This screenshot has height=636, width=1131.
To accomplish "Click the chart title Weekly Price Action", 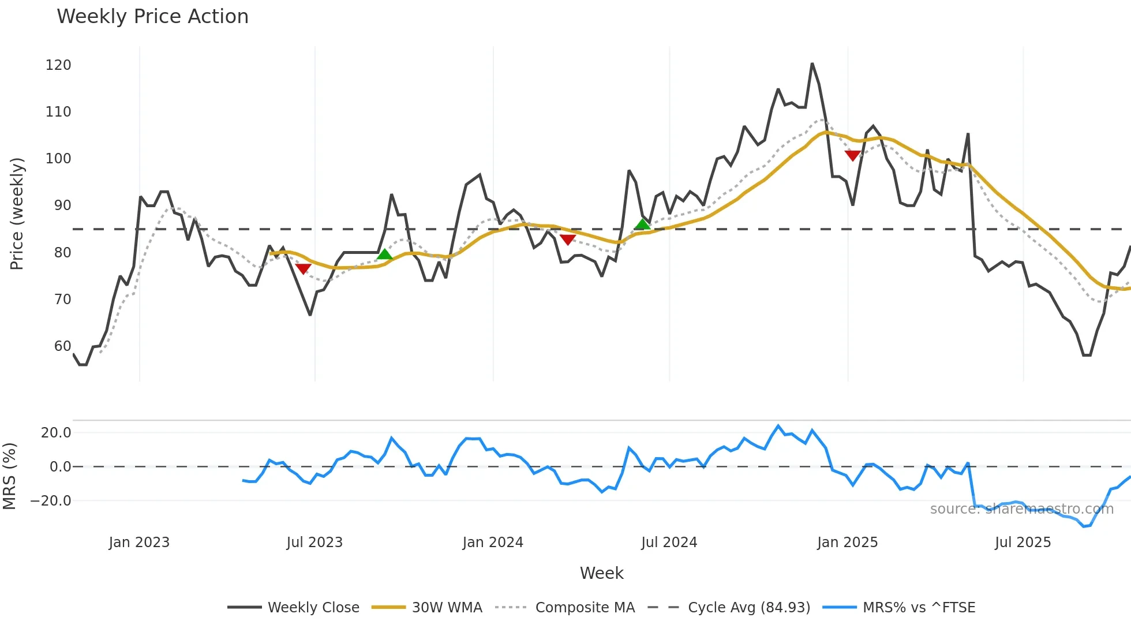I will [152, 17].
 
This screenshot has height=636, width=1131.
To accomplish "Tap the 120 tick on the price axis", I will [58, 65].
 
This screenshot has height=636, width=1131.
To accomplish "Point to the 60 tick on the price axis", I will [62, 346].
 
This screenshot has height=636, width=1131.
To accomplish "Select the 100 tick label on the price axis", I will [58, 159].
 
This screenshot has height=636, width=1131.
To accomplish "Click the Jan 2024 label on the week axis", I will [493, 543].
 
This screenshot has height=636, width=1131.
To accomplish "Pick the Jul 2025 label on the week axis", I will [1023, 543].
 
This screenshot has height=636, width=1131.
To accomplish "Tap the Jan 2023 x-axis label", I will [139, 543].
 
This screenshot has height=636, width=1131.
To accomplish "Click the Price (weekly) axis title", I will [17, 214].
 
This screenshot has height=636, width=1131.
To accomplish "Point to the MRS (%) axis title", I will [10, 476].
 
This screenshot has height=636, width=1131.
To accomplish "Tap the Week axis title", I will [601, 573].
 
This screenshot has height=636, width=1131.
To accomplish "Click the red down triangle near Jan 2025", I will [852, 155].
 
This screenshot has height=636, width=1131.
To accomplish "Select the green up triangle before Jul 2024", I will [642, 225].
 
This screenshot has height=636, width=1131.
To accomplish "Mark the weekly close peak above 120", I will [812, 63].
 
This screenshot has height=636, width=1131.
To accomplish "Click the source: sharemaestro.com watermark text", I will [1021, 509].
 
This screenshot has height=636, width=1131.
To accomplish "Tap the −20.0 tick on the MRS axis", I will [51, 501].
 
